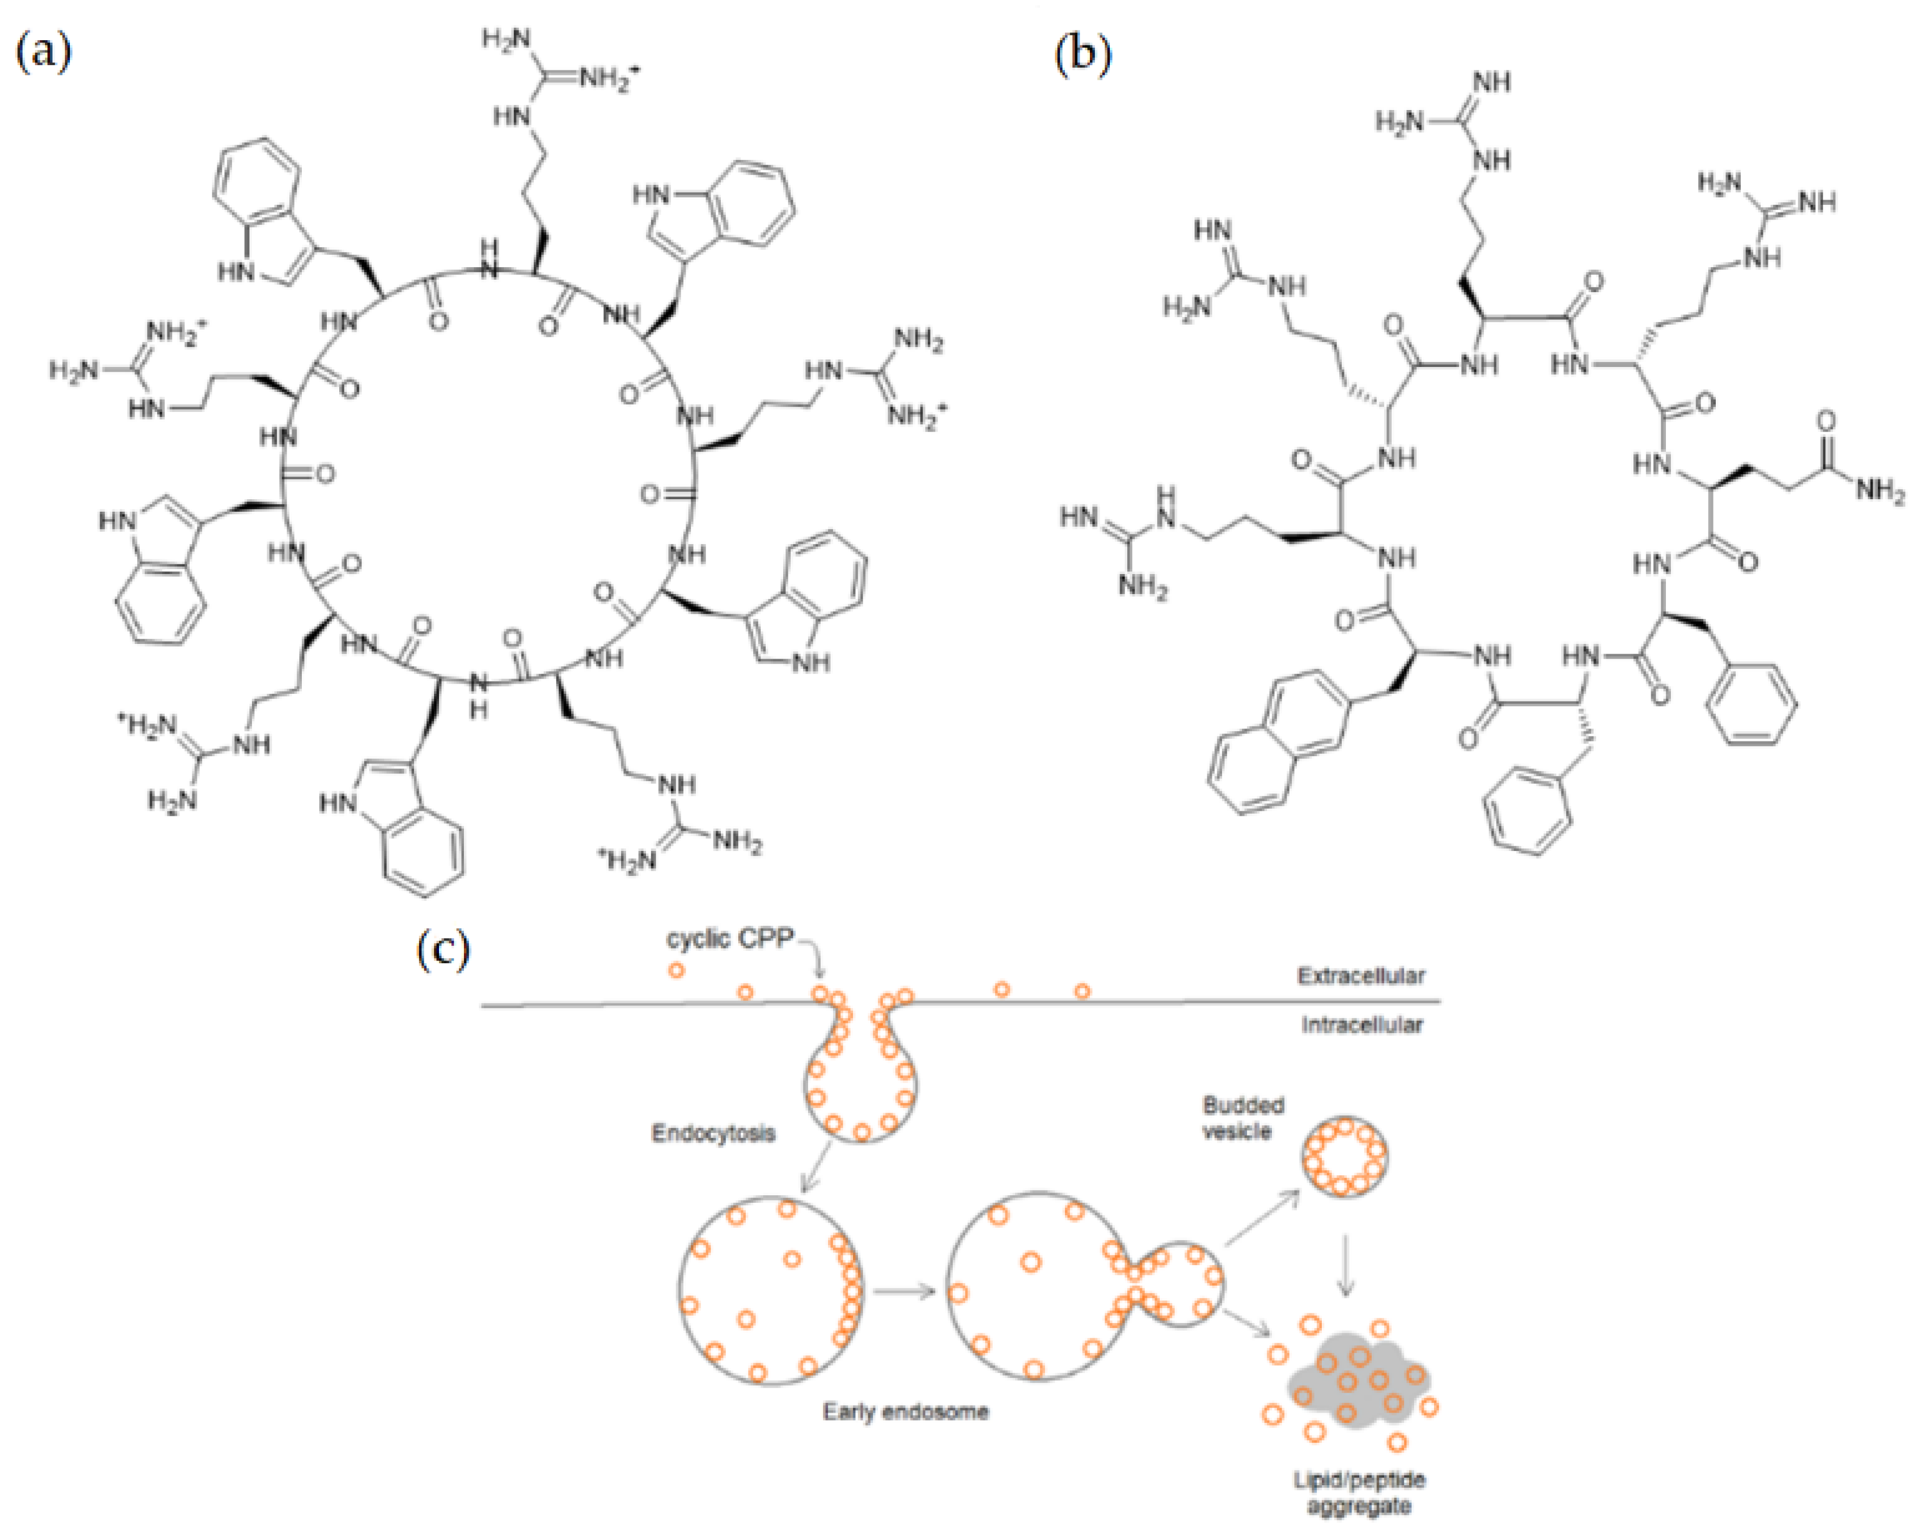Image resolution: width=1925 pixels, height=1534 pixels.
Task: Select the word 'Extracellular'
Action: click(1361, 975)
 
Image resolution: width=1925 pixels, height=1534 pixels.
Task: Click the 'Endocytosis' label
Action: click(713, 1134)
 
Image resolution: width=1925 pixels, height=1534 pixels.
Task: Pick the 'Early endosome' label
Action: click(906, 1411)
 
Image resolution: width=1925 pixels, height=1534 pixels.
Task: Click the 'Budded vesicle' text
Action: click(1243, 1118)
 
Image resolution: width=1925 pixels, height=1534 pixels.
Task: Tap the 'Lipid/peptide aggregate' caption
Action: click(1359, 1493)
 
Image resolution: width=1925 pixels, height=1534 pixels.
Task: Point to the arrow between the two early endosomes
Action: click(903, 1291)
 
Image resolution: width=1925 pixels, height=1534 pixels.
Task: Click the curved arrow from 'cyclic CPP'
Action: click(815, 953)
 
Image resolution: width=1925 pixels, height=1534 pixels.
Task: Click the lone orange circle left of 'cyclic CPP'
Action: click(676, 970)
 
